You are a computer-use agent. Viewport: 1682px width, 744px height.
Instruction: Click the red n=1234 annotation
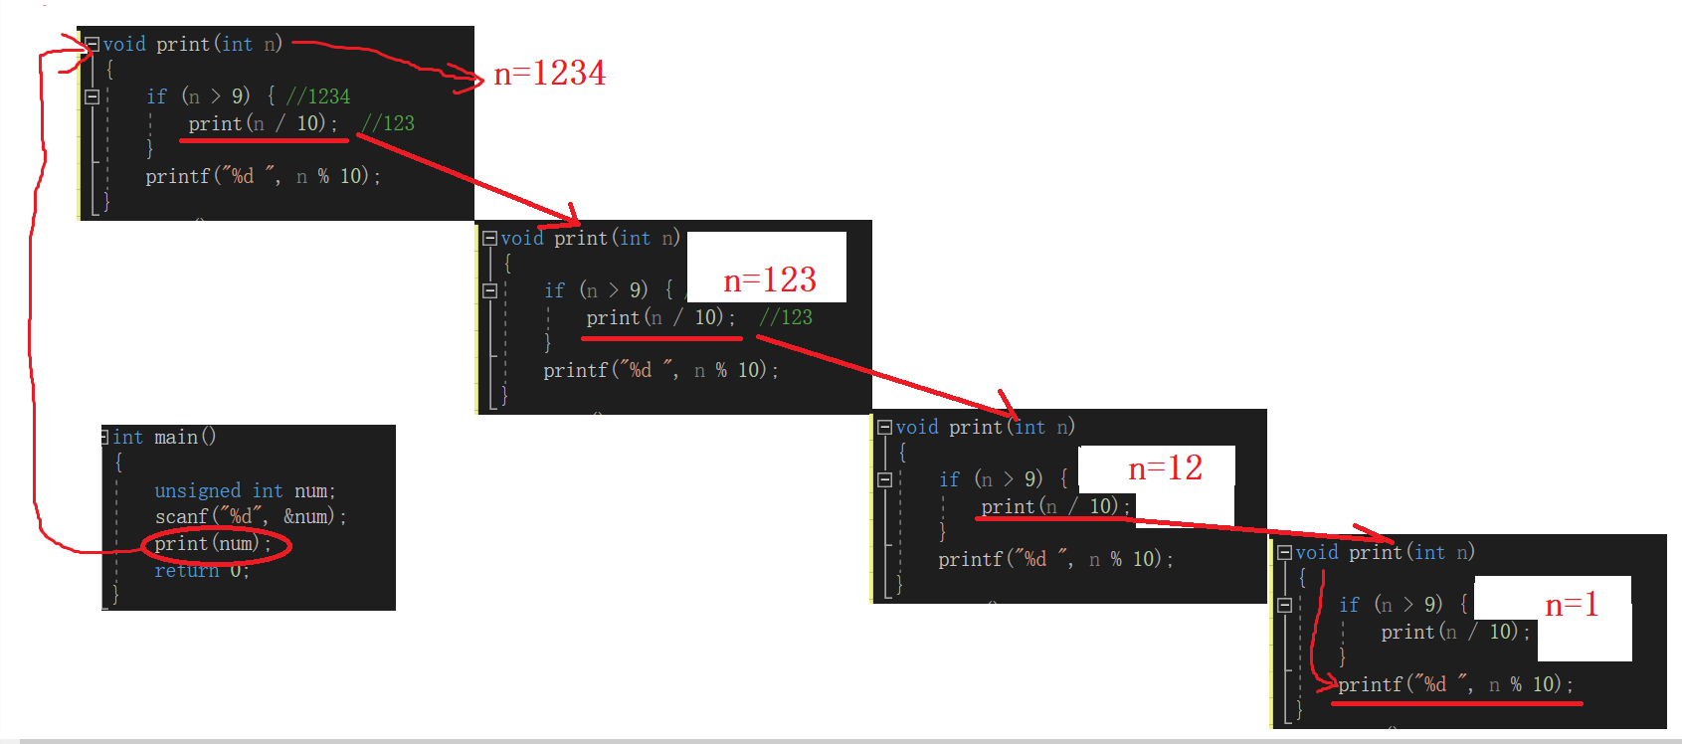tap(549, 74)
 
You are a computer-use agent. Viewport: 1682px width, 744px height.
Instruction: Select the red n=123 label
tap(769, 280)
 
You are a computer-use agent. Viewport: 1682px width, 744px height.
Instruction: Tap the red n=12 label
tap(1165, 468)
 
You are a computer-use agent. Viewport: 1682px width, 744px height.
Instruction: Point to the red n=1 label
tap(1571, 605)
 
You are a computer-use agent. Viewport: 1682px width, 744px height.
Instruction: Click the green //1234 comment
tap(318, 96)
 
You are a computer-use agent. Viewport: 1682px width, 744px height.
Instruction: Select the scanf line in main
tap(250, 517)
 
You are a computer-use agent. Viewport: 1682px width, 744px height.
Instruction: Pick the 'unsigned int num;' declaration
tap(245, 491)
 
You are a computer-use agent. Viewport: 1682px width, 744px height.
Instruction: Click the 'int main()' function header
tap(164, 438)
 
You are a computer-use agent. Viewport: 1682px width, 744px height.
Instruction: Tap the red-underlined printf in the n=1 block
tap(1455, 684)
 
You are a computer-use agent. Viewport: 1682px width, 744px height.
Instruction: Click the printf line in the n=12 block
tap(1054, 559)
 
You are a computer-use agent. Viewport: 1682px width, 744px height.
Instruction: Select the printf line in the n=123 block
tap(659, 370)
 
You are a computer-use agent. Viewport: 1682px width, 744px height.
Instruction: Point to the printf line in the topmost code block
tap(263, 176)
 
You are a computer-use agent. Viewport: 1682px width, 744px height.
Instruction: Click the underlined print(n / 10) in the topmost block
tap(263, 123)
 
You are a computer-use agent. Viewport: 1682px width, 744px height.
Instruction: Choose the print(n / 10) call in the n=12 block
tap(1054, 506)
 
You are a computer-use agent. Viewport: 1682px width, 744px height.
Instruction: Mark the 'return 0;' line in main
tap(201, 571)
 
